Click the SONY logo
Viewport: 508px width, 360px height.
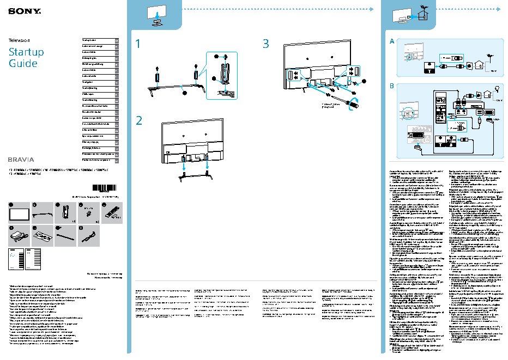point(19,11)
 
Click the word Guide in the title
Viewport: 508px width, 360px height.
point(23,64)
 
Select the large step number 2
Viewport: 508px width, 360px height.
point(140,121)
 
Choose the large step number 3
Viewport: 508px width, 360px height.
point(266,44)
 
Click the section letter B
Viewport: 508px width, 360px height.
point(392,86)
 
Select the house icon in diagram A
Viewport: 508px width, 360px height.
point(478,63)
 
